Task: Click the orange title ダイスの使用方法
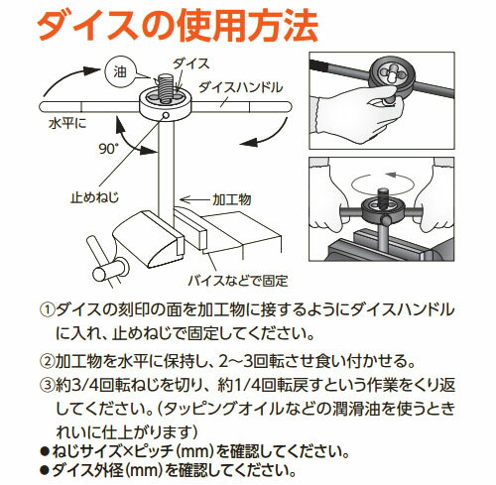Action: [178, 27]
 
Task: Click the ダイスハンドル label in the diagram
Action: [240, 87]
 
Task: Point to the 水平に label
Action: [67, 124]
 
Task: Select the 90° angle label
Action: [108, 149]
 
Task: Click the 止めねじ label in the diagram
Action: [94, 197]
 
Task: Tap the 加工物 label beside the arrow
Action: [232, 199]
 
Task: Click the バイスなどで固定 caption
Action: [238, 281]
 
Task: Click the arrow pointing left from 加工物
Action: [195, 199]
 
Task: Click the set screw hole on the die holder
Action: [167, 115]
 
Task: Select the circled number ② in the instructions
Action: [47, 361]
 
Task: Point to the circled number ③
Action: [47, 385]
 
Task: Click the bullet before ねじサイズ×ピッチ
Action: [44, 451]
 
